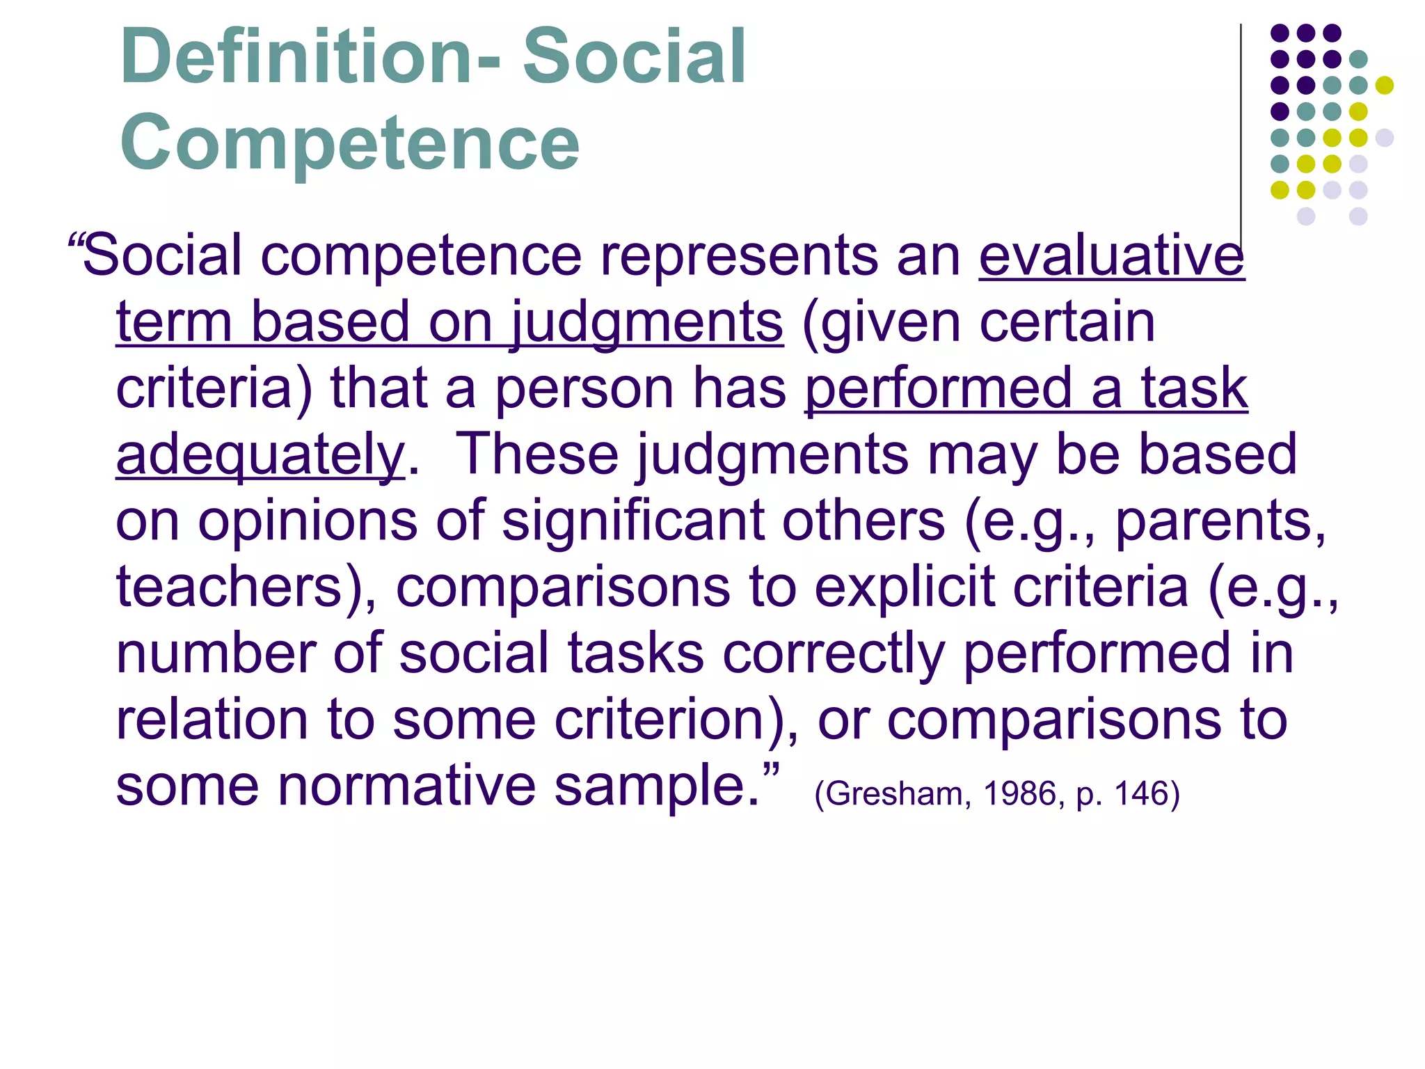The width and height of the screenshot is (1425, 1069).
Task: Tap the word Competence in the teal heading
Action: coord(349,143)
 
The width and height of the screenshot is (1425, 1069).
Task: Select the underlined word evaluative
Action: coord(1111,256)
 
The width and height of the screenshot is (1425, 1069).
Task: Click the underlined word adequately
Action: coord(260,455)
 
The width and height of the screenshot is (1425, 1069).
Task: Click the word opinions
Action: coord(307,521)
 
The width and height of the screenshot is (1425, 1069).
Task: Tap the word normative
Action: coord(406,786)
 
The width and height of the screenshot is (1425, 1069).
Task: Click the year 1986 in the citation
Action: coord(1020,794)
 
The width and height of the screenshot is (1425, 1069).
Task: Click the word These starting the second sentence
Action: coord(536,455)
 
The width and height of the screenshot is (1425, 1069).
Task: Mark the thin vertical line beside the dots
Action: coord(1241,125)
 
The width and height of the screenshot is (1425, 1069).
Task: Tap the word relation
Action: coord(212,720)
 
